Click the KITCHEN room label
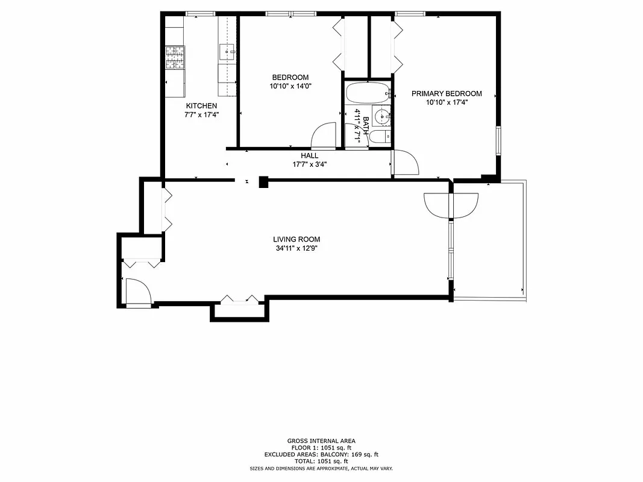click(201, 106)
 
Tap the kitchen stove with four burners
click(174, 58)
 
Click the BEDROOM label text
click(290, 77)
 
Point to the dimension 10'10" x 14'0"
click(290, 86)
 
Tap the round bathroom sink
click(381, 116)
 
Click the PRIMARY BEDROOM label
click(447, 93)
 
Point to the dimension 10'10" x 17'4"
click(447, 102)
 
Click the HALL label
click(310, 155)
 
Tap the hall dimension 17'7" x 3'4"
click(310, 164)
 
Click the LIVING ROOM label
click(296, 239)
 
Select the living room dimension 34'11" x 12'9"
click(296, 248)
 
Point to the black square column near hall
click(263, 182)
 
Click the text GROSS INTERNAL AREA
click(321, 441)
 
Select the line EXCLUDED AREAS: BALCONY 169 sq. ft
click(321, 454)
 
